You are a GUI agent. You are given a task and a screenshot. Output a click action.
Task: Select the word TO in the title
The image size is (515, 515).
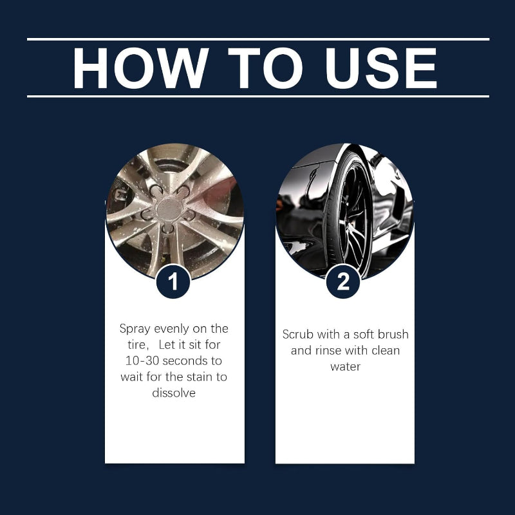click(263, 68)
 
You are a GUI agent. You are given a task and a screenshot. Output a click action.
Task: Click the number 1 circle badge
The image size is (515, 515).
click(173, 282)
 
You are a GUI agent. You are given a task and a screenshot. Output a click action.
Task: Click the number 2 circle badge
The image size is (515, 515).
click(342, 282)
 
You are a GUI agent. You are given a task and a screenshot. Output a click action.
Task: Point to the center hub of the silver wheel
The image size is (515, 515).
click(169, 208)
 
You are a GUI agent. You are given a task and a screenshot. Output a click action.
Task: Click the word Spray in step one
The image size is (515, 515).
click(135, 329)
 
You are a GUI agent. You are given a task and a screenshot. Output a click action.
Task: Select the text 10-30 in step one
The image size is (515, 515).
click(141, 360)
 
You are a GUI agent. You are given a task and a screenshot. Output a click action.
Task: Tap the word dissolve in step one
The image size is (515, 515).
click(174, 392)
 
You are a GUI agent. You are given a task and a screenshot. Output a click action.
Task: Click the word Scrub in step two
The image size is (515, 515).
click(298, 335)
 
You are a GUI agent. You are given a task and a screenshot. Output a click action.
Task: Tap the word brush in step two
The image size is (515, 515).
click(393, 335)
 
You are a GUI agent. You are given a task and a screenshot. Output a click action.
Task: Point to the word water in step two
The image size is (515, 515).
click(345, 366)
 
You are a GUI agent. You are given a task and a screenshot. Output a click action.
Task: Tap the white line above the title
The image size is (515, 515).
click(257, 39)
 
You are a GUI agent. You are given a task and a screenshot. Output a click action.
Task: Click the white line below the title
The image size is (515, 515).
click(257, 96)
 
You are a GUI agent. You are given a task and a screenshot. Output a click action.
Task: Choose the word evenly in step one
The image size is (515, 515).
click(171, 329)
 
